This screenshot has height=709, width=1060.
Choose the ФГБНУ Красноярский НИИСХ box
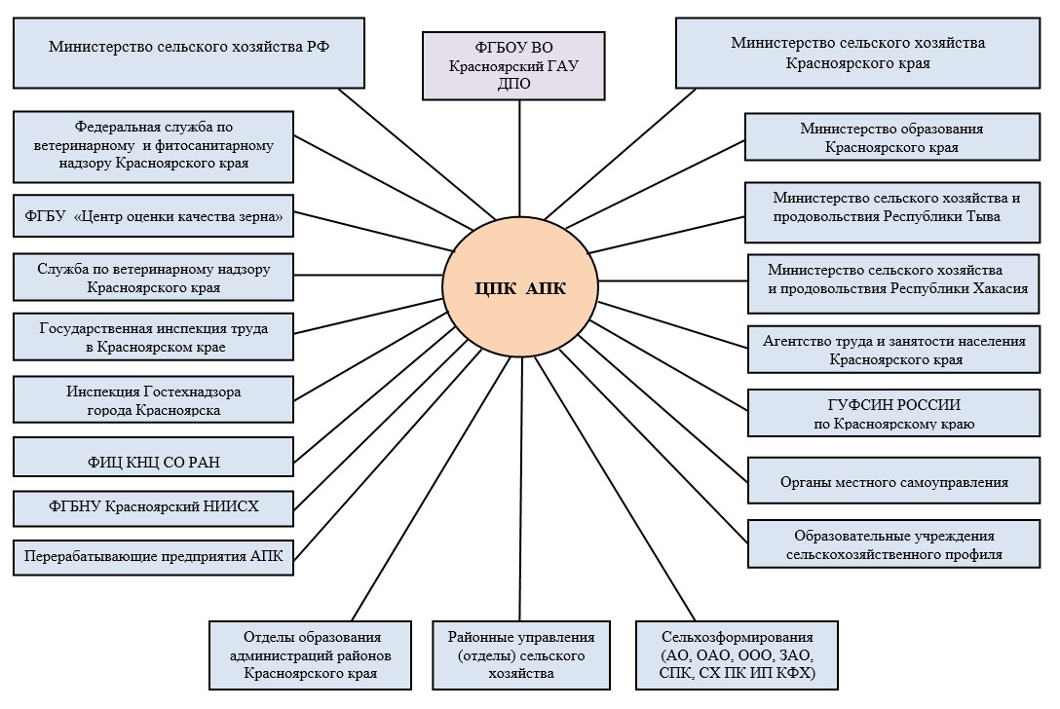pyautogui.click(x=153, y=506)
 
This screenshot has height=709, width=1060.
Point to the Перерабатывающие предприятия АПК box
pyautogui.click(x=153, y=557)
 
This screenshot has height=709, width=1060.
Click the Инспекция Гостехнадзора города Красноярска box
pyautogui.click(x=153, y=400)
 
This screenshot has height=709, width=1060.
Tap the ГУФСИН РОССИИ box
pyautogui.click(x=893, y=414)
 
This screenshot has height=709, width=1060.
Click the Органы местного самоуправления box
pyautogui.click(x=893, y=481)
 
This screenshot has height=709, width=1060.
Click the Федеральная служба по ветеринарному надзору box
pyautogui.click(x=153, y=145)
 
